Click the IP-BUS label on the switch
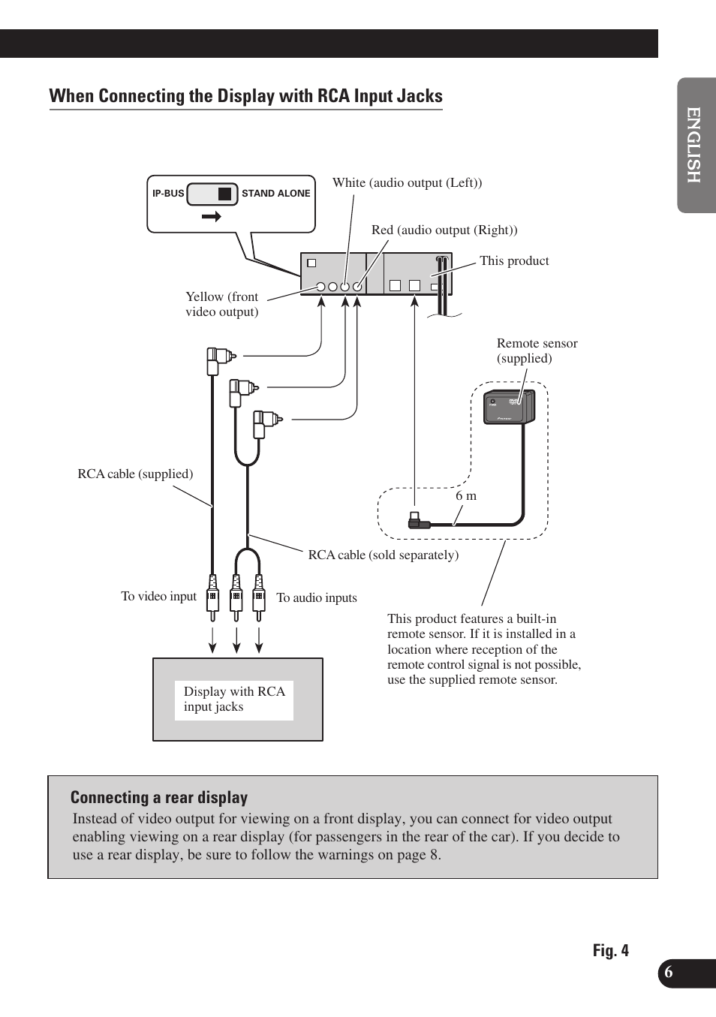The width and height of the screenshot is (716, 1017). click(x=168, y=194)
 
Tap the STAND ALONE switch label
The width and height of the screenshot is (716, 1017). click(x=275, y=194)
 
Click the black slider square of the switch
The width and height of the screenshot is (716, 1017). click(x=224, y=194)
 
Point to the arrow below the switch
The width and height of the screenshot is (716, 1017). click(x=212, y=216)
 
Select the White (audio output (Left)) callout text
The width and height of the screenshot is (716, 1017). click(x=407, y=183)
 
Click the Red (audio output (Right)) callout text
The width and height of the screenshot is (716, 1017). click(x=444, y=230)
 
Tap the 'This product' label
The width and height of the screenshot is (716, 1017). click(x=514, y=261)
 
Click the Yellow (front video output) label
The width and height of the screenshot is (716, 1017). click(x=222, y=304)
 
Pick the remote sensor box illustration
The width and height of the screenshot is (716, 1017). click(x=509, y=408)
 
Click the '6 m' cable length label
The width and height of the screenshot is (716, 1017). click(x=466, y=496)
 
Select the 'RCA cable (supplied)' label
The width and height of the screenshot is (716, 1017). click(x=135, y=474)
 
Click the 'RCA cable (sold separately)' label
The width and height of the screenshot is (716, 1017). click(x=383, y=555)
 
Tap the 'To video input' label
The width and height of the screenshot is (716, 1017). click(x=158, y=597)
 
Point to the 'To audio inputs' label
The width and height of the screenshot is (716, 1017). click(x=317, y=598)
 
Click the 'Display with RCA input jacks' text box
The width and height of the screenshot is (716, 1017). click(x=234, y=700)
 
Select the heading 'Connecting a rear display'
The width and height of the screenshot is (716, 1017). click(x=159, y=798)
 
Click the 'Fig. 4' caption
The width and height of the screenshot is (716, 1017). click(x=610, y=951)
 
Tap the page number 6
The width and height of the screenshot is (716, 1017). click(x=668, y=973)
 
